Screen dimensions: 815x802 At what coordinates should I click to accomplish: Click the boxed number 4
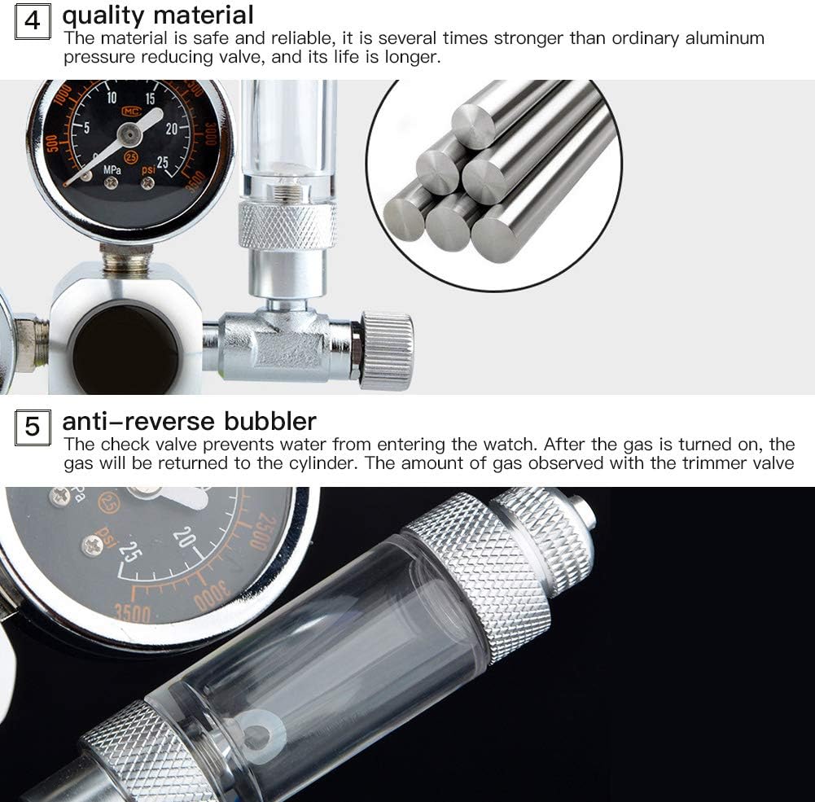(33, 21)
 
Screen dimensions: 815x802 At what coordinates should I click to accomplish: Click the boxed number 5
(33, 427)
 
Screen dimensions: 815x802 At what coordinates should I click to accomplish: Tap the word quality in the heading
(103, 15)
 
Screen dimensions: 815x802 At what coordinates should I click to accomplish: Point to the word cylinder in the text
(319, 463)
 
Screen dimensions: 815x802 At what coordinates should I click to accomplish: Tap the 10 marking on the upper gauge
(112, 97)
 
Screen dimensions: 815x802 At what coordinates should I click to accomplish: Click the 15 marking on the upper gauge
(150, 99)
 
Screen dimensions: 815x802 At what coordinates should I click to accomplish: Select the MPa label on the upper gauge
(112, 170)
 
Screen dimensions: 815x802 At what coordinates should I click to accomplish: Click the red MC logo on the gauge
(131, 112)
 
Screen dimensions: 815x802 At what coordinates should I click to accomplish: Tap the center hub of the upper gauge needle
(129, 136)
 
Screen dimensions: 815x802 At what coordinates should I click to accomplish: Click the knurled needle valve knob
(386, 350)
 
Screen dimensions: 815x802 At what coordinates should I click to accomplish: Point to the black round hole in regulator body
(125, 349)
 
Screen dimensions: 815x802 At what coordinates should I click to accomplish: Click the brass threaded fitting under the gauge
(126, 257)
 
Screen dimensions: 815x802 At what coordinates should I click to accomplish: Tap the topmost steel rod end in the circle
(472, 126)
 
